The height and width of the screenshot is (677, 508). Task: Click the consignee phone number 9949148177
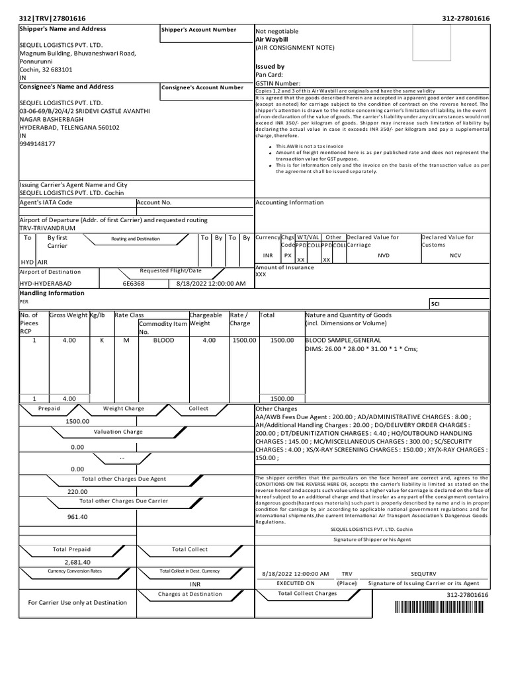point(38,143)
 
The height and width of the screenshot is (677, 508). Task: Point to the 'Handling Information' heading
point(52,293)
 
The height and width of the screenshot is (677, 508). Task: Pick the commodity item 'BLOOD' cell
point(163,340)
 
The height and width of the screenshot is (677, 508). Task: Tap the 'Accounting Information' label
point(289,203)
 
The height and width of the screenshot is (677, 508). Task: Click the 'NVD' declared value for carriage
point(384,255)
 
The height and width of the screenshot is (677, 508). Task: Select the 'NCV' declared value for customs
point(455,255)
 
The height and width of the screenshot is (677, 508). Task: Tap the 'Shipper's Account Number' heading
point(198,30)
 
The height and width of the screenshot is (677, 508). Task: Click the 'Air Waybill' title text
point(272,40)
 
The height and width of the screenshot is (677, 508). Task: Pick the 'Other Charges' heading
point(276,409)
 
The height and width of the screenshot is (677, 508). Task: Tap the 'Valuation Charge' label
point(118,432)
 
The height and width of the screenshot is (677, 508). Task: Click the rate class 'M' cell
point(126,340)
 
